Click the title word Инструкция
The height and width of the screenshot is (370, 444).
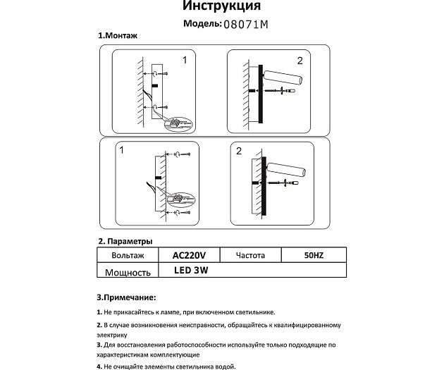tap(221, 7)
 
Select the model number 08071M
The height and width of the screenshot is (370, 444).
tap(246, 24)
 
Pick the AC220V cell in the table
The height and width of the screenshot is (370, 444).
tap(189, 255)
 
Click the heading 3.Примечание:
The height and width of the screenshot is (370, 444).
tap(126, 297)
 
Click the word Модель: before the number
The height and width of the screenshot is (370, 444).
tap(202, 24)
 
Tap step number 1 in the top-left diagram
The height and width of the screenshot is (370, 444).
tap(185, 61)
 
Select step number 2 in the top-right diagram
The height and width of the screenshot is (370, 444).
tap(300, 61)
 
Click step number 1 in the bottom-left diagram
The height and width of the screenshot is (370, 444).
tap(122, 151)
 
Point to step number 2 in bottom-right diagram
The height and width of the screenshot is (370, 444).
tap(239, 151)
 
